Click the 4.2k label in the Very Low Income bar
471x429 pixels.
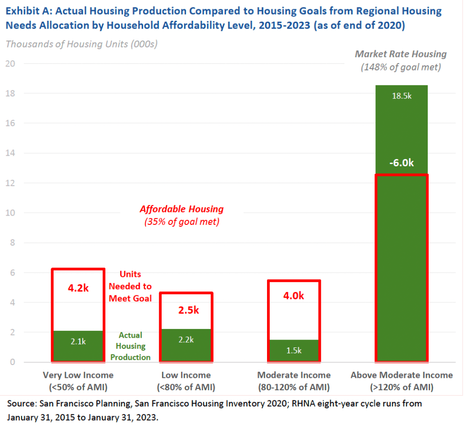(x=79, y=288)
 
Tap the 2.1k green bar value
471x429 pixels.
(x=78, y=341)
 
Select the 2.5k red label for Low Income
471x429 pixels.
(x=189, y=310)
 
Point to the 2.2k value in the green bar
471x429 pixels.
(x=186, y=340)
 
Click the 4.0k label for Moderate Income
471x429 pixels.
(x=294, y=295)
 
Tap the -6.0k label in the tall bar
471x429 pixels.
(x=401, y=163)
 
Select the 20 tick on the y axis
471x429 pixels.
(x=10, y=64)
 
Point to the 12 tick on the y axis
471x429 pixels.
(x=10, y=183)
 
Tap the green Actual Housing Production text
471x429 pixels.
(x=131, y=346)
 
